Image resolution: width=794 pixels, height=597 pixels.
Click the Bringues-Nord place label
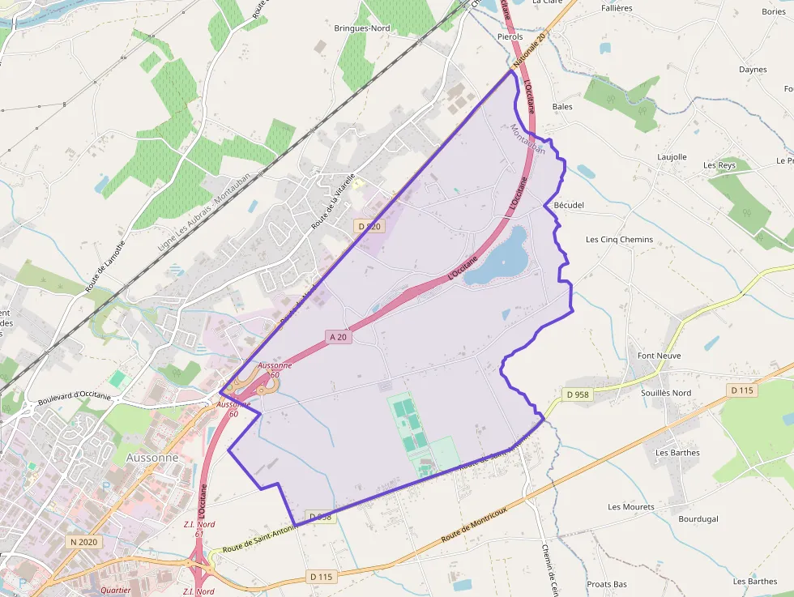tap(362, 28)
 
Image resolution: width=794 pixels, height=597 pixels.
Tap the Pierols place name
tap(510, 37)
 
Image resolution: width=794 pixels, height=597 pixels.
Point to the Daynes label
tap(753, 70)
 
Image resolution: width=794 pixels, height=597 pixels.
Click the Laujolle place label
tap(672, 157)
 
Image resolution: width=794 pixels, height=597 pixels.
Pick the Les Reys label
tap(719, 165)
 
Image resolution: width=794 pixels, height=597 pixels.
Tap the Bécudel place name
tap(568, 206)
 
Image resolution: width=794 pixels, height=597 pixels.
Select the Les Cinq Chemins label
tap(619, 240)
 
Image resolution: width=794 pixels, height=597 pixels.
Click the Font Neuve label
tap(659, 356)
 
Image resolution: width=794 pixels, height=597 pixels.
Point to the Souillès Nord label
tap(666, 393)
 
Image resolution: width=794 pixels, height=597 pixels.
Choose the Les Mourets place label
tap(631, 507)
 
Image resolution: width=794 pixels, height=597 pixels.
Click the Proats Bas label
tap(607, 584)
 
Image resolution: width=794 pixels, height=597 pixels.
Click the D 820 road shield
tap(369, 227)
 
